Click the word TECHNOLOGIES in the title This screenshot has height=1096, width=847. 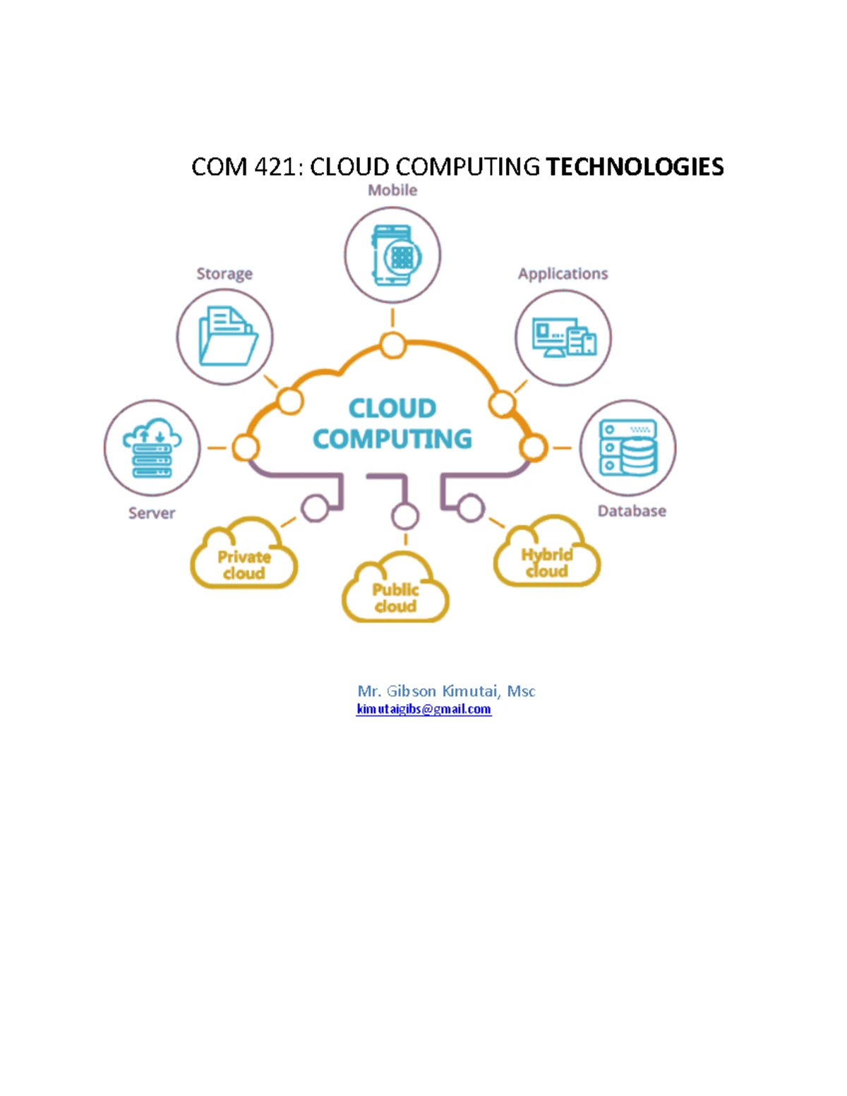pos(635,167)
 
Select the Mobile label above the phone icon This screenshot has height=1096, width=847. pos(392,190)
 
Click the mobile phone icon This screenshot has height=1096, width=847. pos(396,255)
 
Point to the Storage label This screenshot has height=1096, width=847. pos(224,274)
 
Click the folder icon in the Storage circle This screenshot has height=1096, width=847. pos(228,336)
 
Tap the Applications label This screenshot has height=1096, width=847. pos(563,274)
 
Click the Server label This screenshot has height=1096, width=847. pos(151,513)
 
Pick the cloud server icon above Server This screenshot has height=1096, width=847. pos(152,447)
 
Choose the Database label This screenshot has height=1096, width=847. pos(632,511)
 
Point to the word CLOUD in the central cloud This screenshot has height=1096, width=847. pos(392,408)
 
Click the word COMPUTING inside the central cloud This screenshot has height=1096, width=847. pos(392,439)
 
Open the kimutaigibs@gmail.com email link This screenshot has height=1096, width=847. pos(423,709)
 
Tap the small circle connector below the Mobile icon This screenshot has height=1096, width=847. pos(392,346)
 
